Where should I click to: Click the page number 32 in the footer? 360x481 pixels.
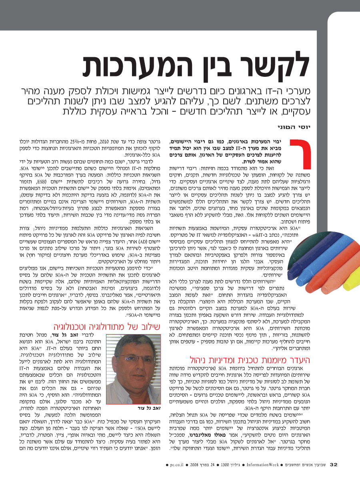coord(334,465)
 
